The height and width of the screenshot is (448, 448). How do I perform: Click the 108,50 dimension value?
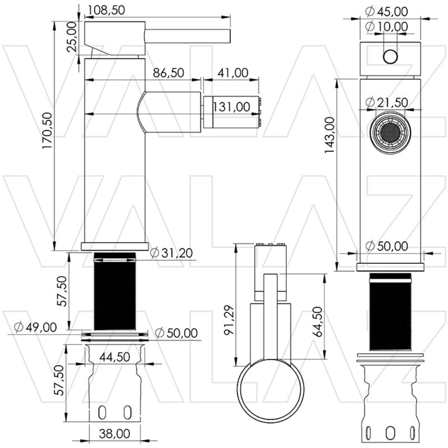pyautogui.click(x=106, y=9)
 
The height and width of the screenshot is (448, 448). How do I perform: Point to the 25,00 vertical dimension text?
pyautogui.click(x=72, y=38)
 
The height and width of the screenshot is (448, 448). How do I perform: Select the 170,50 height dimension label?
pyautogui.click(x=48, y=130)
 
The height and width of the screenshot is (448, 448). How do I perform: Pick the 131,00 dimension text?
pyautogui.click(x=231, y=107)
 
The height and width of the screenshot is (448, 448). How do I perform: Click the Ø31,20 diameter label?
pyautogui.click(x=172, y=253)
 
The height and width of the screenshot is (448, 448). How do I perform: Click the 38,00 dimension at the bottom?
pyautogui.click(x=115, y=434)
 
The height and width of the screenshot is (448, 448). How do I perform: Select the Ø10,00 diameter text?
pyautogui.click(x=386, y=27)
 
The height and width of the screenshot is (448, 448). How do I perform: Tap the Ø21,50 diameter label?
pyautogui.click(x=386, y=102)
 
